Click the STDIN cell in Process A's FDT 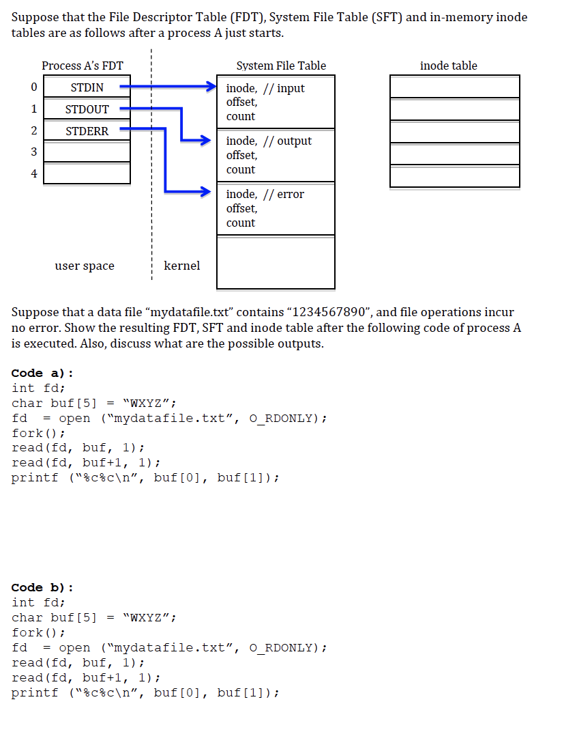click(x=87, y=87)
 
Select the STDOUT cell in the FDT click(x=87, y=109)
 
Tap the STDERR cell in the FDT click(x=87, y=131)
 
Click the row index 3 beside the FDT click(x=33, y=152)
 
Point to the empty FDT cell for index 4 click(x=87, y=173)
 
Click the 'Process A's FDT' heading click(x=83, y=66)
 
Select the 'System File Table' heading click(x=281, y=66)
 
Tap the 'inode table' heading click(x=449, y=66)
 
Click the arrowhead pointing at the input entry click(x=212, y=87)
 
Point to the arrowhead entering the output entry click(x=203, y=141)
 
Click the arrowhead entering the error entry click(x=203, y=192)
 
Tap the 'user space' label click(x=85, y=266)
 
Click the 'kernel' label click(x=182, y=266)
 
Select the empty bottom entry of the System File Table click(x=276, y=262)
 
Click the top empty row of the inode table click(x=454, y=87)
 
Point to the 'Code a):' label click(x=42, y=373)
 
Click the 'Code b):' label click(x=42, y=587)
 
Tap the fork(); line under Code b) click(x=38, y=632)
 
